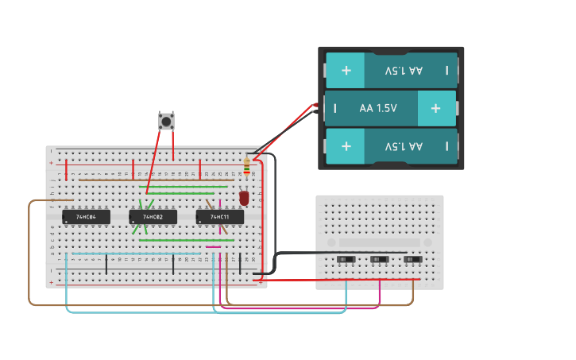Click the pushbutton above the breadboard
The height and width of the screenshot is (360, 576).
pos(166,121)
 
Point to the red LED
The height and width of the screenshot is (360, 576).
pos(244,197)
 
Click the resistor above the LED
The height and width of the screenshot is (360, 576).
pos(246,168)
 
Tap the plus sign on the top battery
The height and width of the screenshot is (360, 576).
pos(346,71)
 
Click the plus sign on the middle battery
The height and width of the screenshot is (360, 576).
pos(435,108)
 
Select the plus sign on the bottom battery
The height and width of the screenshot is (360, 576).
pos(346,147)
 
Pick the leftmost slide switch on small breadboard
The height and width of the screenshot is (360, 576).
pos(346,260)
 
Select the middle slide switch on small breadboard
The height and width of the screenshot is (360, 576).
pos(380,260)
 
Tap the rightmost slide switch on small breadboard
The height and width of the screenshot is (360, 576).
pos(412,260)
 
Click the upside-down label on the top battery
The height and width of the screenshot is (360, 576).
pos(404,71)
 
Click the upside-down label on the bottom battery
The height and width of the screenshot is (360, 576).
pos(404,147)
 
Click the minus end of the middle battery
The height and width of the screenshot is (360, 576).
pos(335,108)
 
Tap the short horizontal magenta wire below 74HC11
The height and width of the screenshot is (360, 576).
pos(213,246)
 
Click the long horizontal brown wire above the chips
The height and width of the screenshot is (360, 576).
pos(151,180)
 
